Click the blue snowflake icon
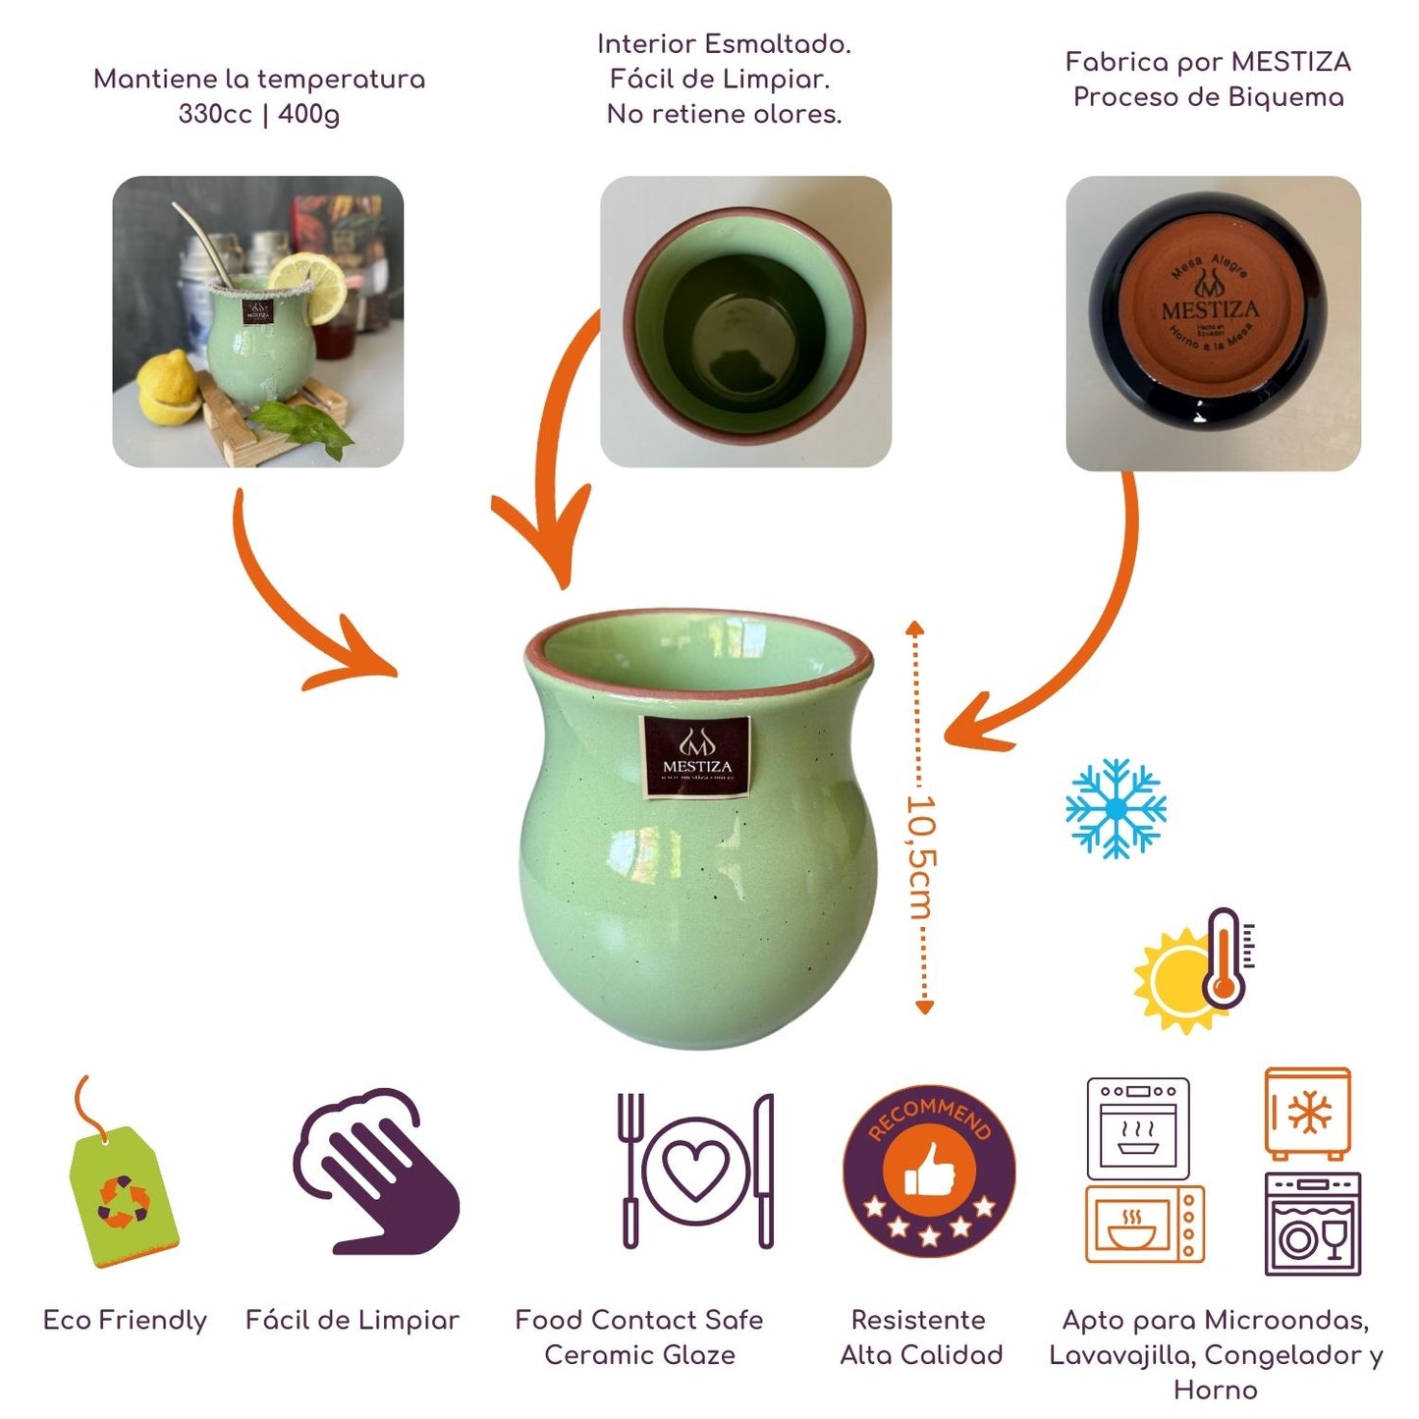pos(1116,807)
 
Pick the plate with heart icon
pos(695,1171)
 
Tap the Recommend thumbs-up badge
pos(928,1171)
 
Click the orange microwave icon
pos(1144,1224)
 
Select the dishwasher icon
pos(1312,1225)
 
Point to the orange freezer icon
pos(1307,1114)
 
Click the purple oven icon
pos(1138,1128)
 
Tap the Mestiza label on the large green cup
pos(696,756)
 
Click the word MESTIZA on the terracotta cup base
pos(1210,311)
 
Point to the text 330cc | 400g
pos(259,115)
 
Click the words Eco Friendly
pos(125,1320)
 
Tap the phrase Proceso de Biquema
pos(1208,97)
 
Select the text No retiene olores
pos(724,115)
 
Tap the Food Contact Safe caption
pos(638,1320)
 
